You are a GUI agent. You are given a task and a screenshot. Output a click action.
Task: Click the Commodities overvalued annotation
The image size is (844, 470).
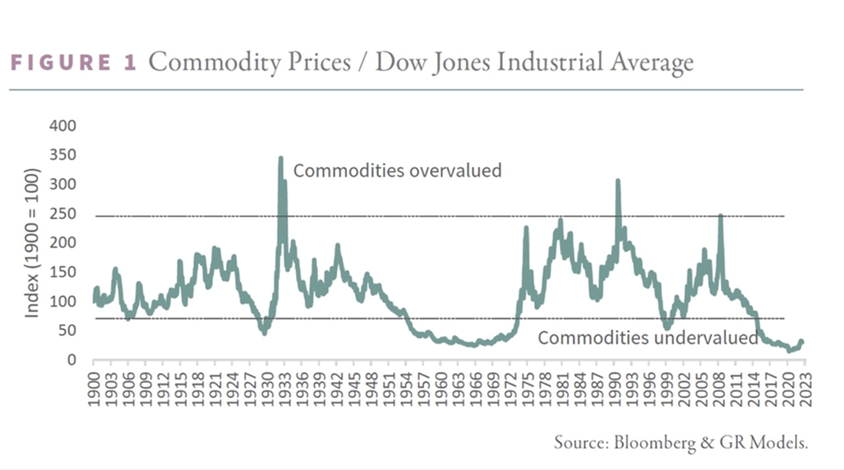pos(397,171)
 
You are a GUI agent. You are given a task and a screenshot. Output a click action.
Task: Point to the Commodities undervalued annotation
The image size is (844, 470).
pos(647,338)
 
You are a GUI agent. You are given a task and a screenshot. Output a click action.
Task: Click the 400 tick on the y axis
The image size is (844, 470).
pos(67,126)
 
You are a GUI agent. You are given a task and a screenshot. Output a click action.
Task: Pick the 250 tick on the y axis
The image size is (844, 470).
pos(67,215)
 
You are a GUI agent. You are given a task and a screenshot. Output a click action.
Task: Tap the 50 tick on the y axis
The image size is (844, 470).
pos(70,331)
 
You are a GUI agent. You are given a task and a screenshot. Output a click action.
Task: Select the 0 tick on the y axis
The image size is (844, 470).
pos(74,360)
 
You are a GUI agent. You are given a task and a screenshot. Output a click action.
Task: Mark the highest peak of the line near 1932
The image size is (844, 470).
pos(280,158)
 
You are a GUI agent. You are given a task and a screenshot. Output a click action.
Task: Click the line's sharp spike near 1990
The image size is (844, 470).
pos(618,181)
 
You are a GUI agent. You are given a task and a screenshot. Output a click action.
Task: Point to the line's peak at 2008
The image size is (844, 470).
pos(720,216)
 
